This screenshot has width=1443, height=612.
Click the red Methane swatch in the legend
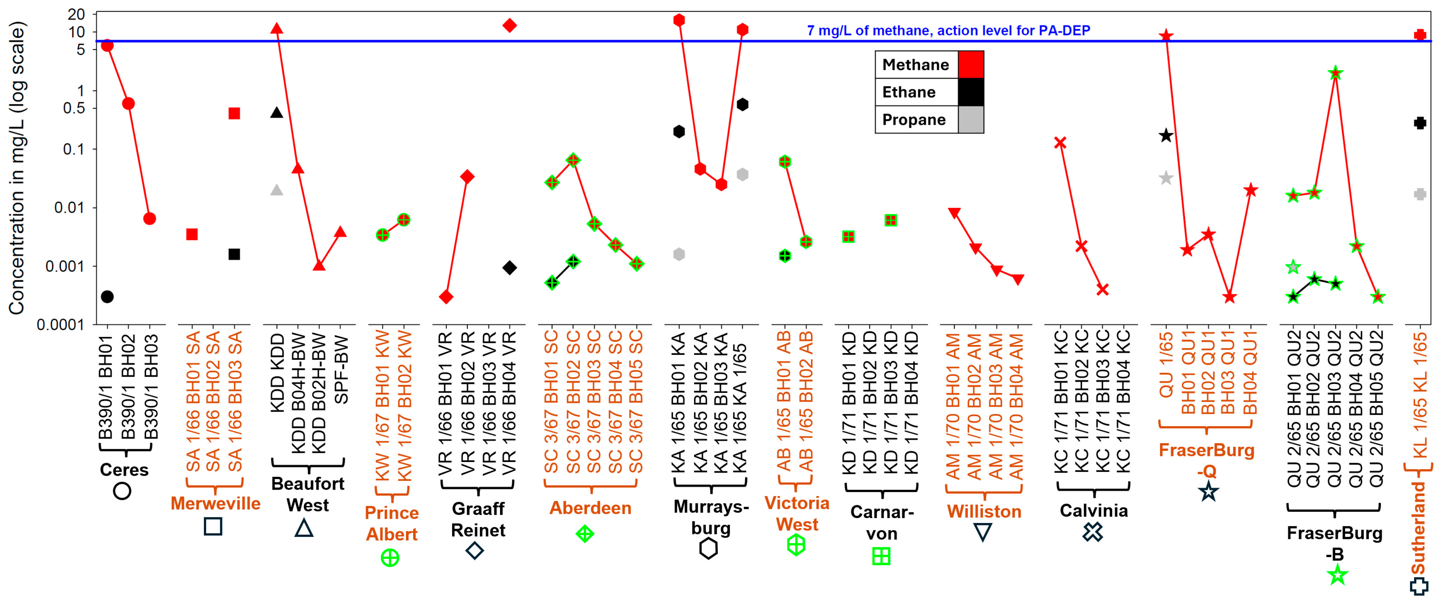pyautogui.click(x=970, y=65)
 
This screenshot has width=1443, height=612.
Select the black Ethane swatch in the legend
pyautogui.click(x=970, y=92)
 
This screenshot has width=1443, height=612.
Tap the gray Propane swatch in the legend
pyautogui.click(x=970, y=119)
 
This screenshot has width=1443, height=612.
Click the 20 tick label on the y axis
pyautogui.click(x=76, y=14)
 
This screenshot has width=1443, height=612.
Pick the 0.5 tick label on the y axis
pyautogui.click(x=74, y=108)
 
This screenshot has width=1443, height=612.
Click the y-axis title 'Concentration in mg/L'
pyautogui.click(x=17, y=168)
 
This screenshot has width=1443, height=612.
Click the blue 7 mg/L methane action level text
pyautogui.click(x=948, y=30)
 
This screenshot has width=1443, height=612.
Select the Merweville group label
pyautogui.click(x=215, y=503)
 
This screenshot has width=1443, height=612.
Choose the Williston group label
pyautogui.click(x=984, y=511)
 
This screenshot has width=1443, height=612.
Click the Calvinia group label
pyautogui.click(x=1093, y=510)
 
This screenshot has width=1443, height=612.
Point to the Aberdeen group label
pyautogui.click(x=590, y=508)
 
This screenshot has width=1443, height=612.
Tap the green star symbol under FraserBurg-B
pyautogui.click(x=1337, y=575)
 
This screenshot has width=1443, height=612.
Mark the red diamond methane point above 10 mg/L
pyautogui.click(x=509, y=25)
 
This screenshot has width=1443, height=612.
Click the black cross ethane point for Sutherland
pyautogui.click(x=1420, y=123)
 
